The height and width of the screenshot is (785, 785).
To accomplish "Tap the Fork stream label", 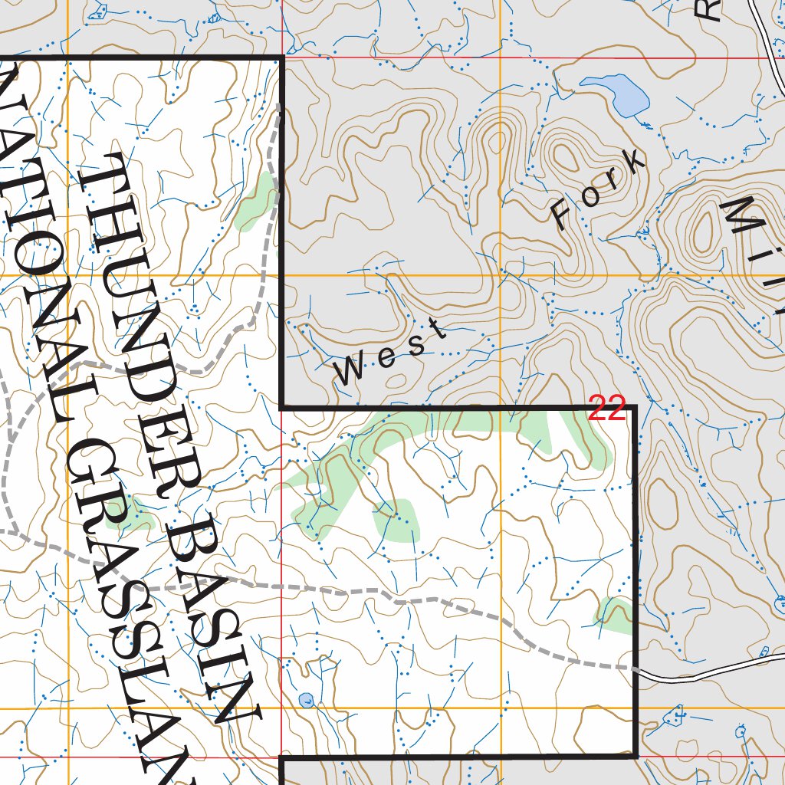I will point(598,189).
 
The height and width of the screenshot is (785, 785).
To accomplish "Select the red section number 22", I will point(608,409).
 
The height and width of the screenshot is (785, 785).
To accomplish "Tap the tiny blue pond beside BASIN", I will point(306,699).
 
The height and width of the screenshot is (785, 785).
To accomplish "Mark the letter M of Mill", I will point(747,217).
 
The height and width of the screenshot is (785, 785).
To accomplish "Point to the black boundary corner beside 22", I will point(635,408).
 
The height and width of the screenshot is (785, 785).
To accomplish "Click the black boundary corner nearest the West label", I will point(282,406).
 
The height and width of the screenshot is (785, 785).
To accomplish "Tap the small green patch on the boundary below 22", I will point(618,614).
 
